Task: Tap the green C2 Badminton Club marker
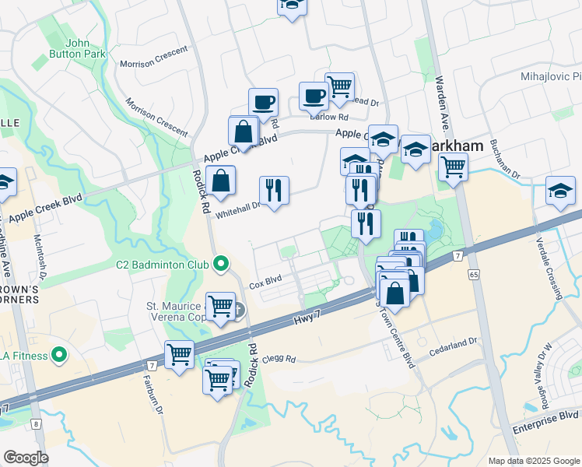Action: (220, 265)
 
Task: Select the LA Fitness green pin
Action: (58, 356)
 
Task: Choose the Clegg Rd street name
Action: (279, 360)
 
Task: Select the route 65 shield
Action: (473, 275)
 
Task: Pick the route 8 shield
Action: (36, 423)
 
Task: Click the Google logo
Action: (26, 458)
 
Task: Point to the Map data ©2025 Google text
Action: (533, 460)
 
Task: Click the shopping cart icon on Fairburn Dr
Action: (180, 355)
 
